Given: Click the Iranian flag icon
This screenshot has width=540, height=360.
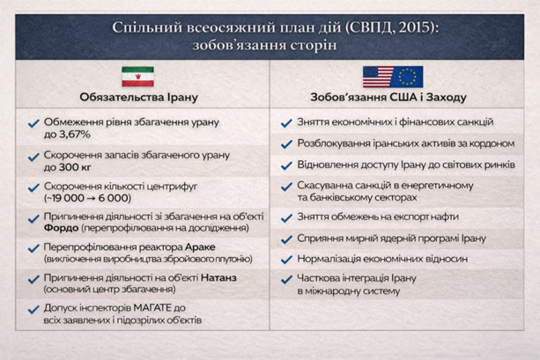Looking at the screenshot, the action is pos(137,77).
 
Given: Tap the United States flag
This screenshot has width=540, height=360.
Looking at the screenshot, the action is pos(378,77).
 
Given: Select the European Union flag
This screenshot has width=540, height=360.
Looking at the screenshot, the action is pos(407,77).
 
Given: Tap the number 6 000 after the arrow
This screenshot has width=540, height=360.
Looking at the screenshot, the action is pos(115,198).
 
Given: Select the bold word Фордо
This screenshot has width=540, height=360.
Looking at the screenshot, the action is pos(61,228).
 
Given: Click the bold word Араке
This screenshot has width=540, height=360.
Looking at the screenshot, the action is pos(200,247).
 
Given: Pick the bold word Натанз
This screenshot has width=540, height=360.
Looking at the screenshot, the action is pos(218,278).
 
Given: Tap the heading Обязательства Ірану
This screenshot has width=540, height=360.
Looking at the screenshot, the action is pos(139,97).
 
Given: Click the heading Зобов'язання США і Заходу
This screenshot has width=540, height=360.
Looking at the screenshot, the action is pos(388,97).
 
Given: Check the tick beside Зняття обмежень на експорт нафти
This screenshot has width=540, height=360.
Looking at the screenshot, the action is pos(286,218).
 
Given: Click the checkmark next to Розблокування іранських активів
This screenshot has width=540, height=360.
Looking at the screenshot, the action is pos(286,144).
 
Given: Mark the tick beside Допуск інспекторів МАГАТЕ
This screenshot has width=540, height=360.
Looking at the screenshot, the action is pos(33,309).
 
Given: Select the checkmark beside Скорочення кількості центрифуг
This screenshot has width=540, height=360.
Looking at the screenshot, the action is pos(33,187).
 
